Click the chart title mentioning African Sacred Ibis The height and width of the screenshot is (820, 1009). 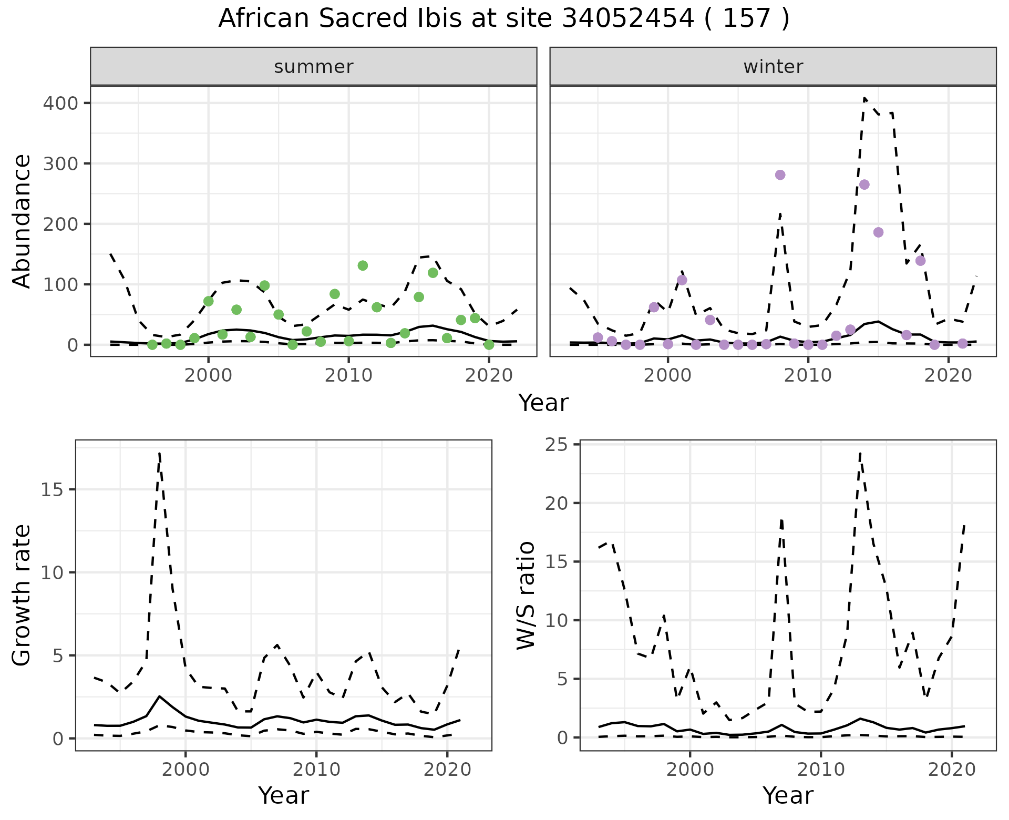(503, 19)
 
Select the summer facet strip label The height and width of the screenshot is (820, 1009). (314, 67)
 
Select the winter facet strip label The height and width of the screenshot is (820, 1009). (773, 67)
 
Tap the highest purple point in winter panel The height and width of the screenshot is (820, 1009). (780, 175)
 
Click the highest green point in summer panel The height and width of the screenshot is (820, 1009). (363, 265)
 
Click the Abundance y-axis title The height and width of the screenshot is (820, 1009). (22, 221)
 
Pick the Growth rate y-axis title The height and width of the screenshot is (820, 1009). (22, 596)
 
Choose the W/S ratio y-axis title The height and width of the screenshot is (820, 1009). (526, 596)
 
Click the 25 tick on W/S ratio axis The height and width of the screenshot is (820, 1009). (558, 445)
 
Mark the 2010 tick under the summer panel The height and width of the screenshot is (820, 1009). (348, 376)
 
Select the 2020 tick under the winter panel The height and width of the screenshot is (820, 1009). (948, 376)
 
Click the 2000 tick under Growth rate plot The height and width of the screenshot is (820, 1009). (185, 770)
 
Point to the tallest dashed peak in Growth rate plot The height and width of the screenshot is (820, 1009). (159, 453)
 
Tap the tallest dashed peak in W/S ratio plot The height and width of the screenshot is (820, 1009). (860, 453)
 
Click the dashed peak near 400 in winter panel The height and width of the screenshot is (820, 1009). (864, 98)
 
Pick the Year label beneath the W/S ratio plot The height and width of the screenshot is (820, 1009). (788, 795)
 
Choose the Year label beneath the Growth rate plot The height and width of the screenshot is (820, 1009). (283, 795)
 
